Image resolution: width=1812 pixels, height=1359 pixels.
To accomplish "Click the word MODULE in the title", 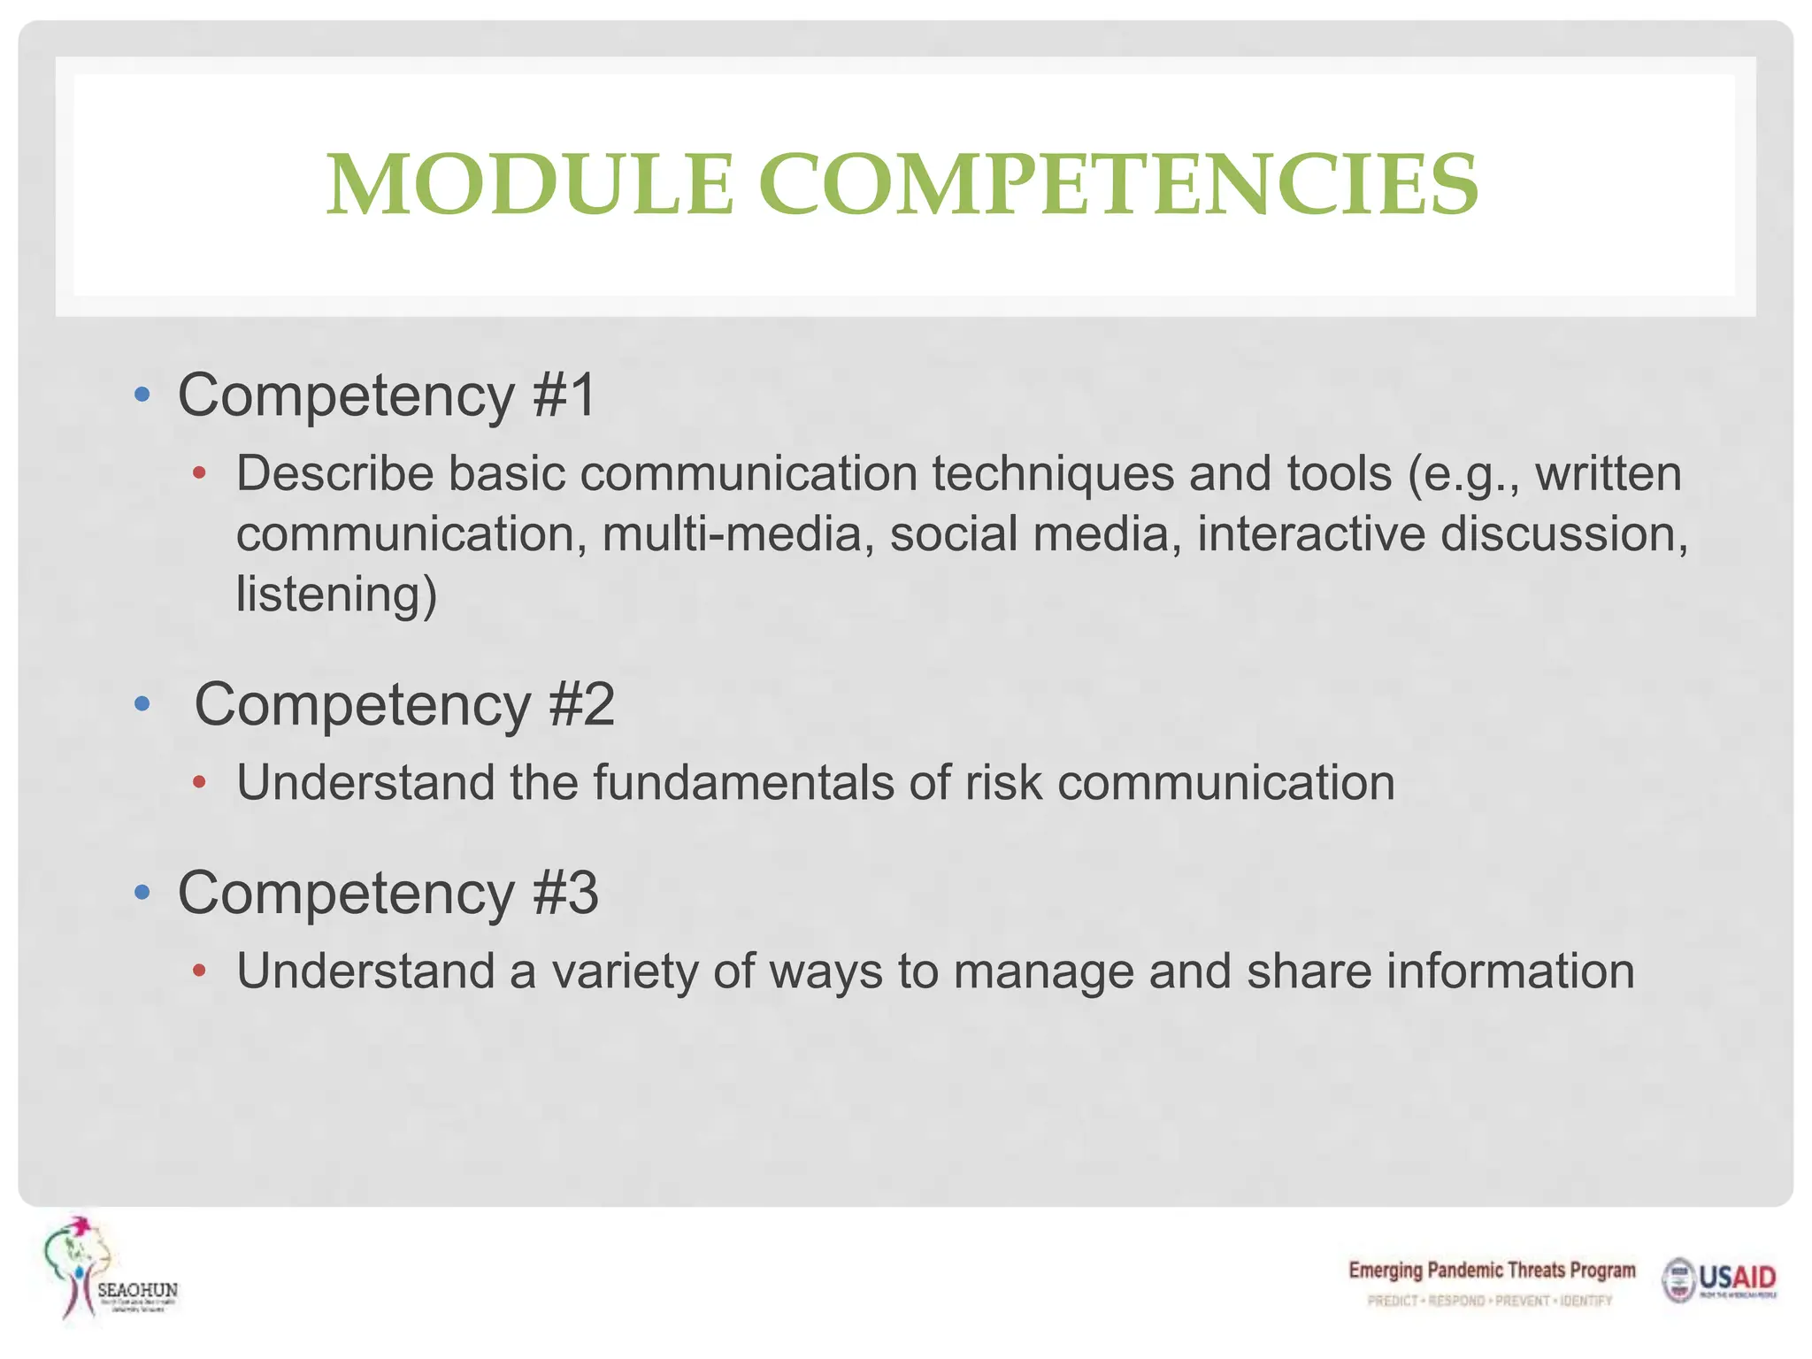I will [530, 185].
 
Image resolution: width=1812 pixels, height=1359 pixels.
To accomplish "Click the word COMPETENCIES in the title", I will [1118, 185].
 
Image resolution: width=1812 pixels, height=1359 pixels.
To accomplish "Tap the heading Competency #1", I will [388, 395].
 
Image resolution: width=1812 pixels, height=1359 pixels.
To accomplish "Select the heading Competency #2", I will [404, 705].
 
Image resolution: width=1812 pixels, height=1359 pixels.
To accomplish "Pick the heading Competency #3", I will [388, 893].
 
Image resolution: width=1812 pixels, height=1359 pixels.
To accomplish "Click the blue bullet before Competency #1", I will [142, 395].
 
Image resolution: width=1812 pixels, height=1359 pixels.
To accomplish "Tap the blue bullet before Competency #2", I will [142, 705].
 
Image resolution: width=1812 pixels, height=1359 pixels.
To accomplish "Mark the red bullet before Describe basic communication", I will [200, 474].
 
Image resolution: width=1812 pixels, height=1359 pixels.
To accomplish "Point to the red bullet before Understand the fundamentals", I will [200, 783].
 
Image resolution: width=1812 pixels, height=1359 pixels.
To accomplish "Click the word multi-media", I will [733, 534].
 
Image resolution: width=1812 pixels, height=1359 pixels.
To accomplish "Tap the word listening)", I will [336, 594].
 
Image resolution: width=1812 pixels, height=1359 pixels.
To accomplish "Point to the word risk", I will [1003, 783].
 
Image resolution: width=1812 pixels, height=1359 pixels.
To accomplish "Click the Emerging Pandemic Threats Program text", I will [1492, 1271].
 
